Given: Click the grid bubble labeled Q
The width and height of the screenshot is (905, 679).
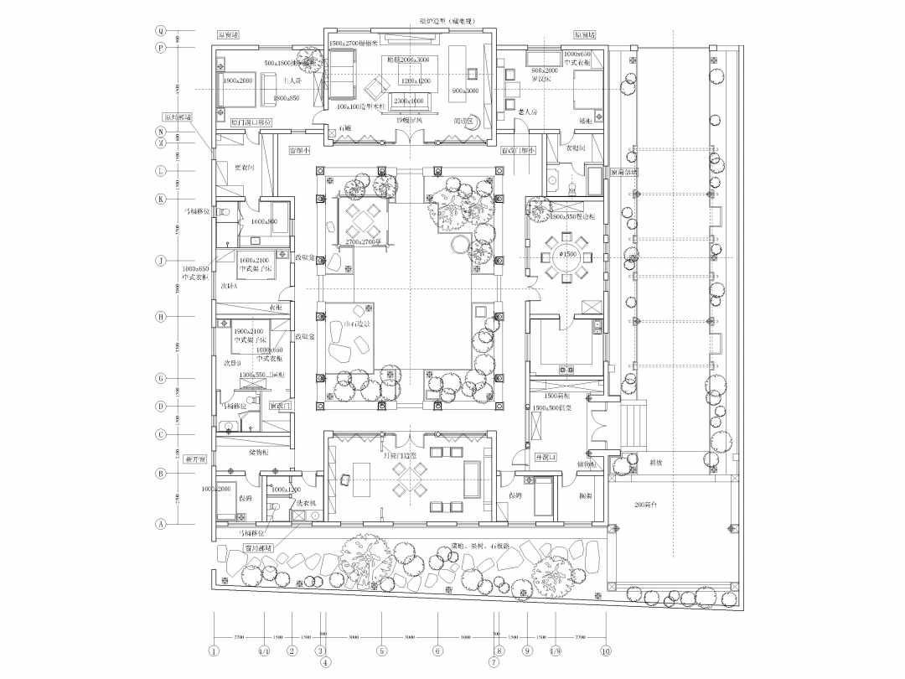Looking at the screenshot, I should click(x=160, y=30).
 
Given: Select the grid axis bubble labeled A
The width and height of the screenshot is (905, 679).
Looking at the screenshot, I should click(x=160, y=523).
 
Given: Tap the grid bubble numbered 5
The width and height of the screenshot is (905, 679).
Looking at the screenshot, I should click(x=381, y=650).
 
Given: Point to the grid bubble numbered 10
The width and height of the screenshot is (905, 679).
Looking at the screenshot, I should click(x=606, y=650).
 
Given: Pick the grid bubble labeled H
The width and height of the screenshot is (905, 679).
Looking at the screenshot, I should click(x=160, y=317).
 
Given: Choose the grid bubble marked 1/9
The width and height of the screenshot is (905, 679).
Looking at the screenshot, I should click(x=555, y=650).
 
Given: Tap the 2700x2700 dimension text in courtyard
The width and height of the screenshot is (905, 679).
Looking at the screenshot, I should click(x=365, y=241).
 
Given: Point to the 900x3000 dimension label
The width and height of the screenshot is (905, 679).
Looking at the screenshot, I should click(x=464, y=91).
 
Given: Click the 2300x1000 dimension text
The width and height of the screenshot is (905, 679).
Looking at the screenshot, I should click(x=411, y=100).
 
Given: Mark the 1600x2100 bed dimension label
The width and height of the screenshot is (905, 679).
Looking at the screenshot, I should click(x=255, y=261).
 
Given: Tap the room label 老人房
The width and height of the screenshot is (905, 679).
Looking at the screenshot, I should click(x=527, y=111).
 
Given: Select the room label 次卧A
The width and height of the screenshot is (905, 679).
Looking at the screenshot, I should click(x=230, y=286).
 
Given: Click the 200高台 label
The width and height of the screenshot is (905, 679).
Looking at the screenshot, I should click(x=646, y=507).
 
